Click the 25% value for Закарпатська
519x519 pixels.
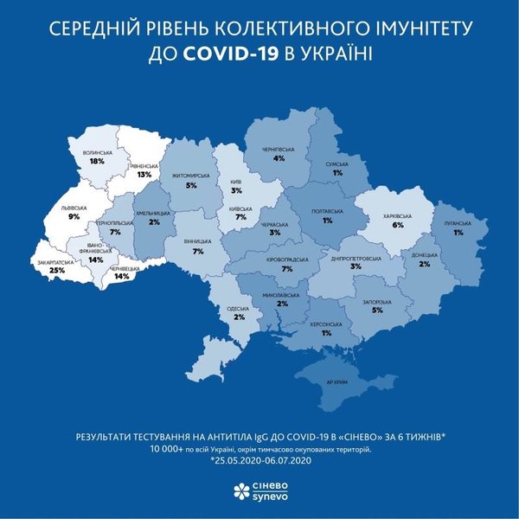pyautogui.click(x=58, y=270)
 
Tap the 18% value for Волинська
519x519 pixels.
pyautogui.click(x=97, y=161)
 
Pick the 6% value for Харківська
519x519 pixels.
pyautogui.click(x=398, y=224)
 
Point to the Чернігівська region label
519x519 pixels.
pyautogui.click(x=279, y=149)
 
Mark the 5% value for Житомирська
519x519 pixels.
pyautogui.click(x=190, y=185)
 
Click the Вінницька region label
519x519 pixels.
pyautogui.click(x=197, y=241)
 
